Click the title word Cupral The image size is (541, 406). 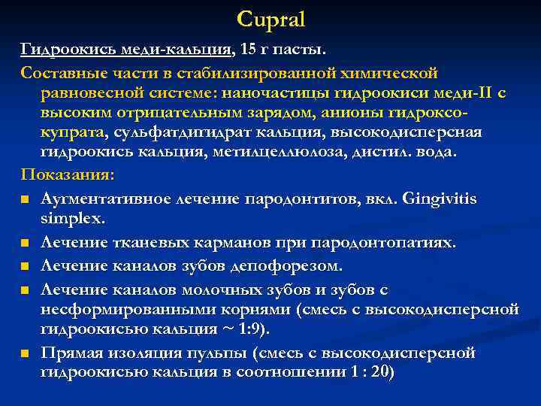271,19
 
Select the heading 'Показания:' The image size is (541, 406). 68,175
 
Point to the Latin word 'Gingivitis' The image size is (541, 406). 440,199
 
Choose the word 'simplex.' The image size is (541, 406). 73,219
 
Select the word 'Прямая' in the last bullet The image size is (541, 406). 71,353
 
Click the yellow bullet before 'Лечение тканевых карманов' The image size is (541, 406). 26,244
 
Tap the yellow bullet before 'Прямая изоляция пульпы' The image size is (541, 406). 26,353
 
